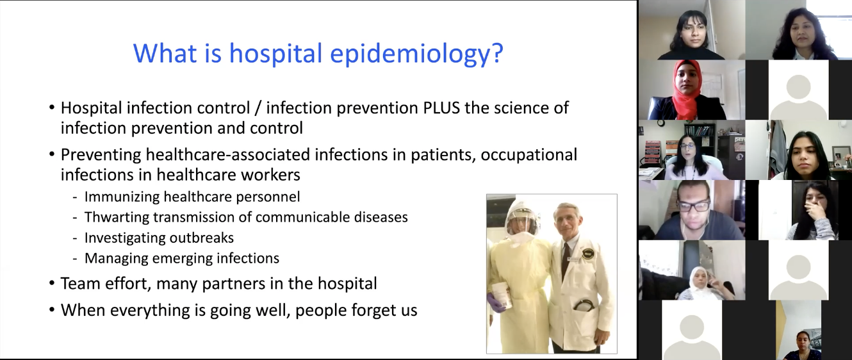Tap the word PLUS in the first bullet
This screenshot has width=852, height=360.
441,108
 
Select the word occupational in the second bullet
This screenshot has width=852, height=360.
529,155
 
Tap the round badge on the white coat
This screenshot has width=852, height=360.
586,254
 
